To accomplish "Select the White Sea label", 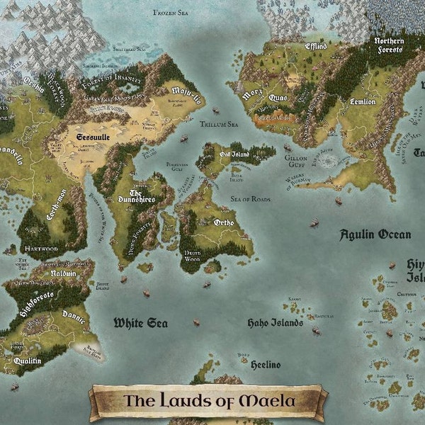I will click(141, 323).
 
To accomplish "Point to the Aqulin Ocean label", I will click(375, 234).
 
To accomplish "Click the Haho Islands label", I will click(275, 323).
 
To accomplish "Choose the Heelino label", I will click(266, 364).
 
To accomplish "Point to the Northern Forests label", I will click(390, 45).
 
